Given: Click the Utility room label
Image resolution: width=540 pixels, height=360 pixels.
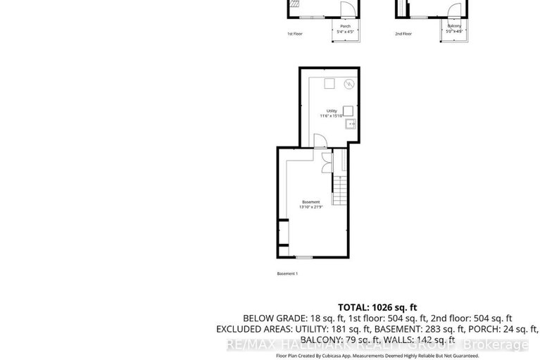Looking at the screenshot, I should (x=331, y=111).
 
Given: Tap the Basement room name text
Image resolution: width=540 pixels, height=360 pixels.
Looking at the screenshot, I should (x=310, y=202).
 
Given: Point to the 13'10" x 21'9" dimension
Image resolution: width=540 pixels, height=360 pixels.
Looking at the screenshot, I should (x=310, y=207).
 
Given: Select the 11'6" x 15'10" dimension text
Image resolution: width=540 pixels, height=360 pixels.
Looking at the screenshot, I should (x=331, y=116).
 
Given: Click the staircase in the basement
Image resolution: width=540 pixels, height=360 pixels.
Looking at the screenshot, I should (x=340, y=189).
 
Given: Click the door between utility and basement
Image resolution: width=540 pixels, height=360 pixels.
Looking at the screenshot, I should (x=318, y=141).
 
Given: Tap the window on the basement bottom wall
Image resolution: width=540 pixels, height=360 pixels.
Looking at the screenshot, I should (x=303, y=257).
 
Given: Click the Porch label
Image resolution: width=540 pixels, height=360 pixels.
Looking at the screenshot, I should (x=345, y=26).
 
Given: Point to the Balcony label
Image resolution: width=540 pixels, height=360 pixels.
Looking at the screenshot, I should (x=454, y=26).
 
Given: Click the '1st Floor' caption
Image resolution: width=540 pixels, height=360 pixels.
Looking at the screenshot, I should (x=294, y=34).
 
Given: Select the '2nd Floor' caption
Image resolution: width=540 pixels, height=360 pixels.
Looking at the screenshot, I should (x=403, y=34).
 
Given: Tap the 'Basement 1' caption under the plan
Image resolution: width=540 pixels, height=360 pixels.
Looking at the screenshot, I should (x=287, y=273).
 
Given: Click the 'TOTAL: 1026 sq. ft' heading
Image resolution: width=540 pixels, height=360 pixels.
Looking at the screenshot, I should (x=377, y=307).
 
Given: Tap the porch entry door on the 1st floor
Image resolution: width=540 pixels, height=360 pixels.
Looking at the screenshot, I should (x=346, y=10).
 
